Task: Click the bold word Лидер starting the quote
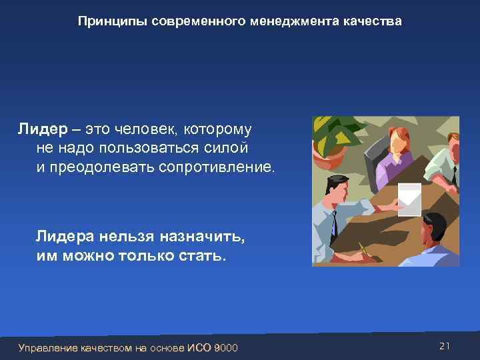(x=39, y=128)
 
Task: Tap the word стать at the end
(x=203, y=256)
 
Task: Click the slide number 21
(x=446, y=345)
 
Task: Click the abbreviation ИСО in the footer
(x=200, y=347)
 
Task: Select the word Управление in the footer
(x=48, y=347)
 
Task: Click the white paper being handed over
(x=409, y=197)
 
